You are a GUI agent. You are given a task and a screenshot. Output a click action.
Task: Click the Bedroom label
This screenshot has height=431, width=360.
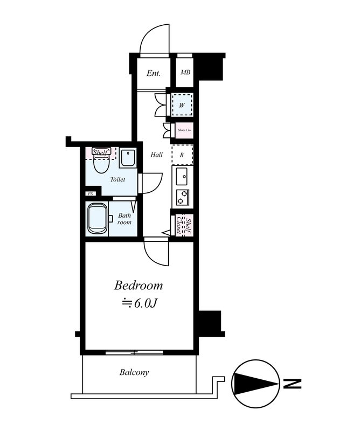coord(139,286)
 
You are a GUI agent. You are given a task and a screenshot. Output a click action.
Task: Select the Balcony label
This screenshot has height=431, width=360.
coord(134,372)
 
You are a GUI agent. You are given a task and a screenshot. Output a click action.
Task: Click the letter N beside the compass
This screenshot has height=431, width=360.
coord(292,384)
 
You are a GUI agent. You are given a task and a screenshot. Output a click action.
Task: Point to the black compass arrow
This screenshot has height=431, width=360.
coord(256,384)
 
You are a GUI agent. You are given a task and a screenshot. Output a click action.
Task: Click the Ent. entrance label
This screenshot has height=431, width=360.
coord(154,73)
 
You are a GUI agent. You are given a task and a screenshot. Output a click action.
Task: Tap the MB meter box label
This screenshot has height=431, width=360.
coord(185,73)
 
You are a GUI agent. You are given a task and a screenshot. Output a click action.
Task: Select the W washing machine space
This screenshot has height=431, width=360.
coord(182,105)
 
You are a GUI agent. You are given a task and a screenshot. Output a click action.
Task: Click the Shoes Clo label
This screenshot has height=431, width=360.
coord(184,130)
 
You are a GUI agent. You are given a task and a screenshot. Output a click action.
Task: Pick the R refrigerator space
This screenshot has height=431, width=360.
coord(182,155)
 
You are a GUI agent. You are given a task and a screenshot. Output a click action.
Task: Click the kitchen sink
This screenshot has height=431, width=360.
coord(182,176)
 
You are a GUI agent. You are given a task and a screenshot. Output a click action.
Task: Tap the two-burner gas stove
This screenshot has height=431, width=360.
coord(183,197)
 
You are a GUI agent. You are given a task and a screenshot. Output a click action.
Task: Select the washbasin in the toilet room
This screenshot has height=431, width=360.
coord(128,158)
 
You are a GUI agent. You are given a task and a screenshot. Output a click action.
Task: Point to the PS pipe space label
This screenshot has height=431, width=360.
coord(91,194)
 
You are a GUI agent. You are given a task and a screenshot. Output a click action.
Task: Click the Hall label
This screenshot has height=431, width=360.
coord(156,155)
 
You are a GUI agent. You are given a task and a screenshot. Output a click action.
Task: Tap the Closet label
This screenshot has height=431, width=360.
coord(179,225)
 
